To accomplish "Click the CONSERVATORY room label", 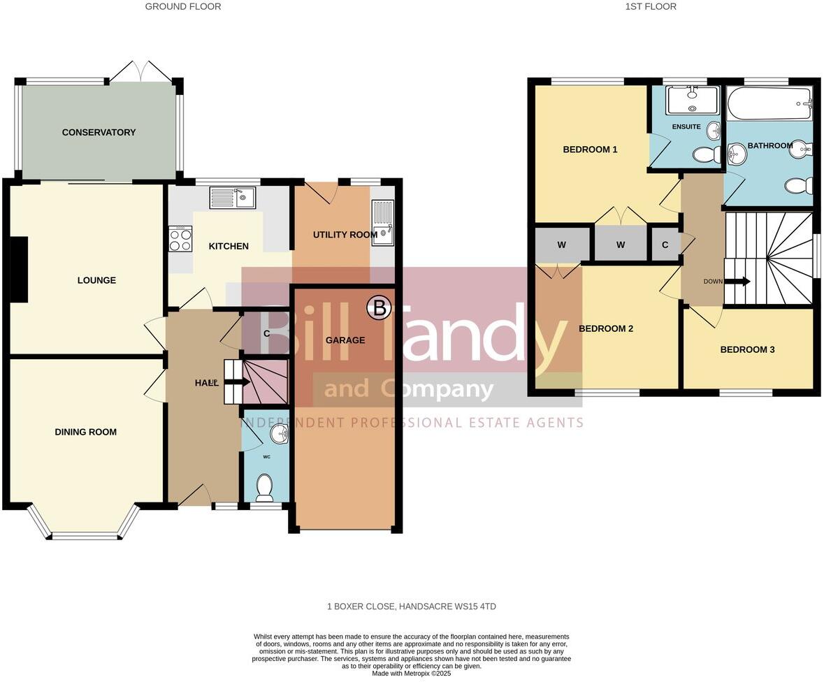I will coord(99,132).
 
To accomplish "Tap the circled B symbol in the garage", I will coord(380,307).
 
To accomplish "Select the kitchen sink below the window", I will coord(233,198).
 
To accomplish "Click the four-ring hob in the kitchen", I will coord(180,240).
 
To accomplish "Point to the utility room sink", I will coord(384,223).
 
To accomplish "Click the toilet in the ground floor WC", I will coord(264,487).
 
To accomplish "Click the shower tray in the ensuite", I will coord(692,100).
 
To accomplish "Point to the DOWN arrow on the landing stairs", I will coord(737,282).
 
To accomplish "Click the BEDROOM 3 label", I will coord(747,349).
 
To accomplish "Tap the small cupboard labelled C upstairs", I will coord(665,245).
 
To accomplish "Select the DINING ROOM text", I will coord(86,432).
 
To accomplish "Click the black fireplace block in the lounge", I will coord(18,270).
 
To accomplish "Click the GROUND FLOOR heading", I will coord(183,6).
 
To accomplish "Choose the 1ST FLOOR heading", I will coord(651,6).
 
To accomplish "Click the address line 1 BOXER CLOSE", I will coord(412,607).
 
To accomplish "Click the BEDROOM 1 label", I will coord(591,150).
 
